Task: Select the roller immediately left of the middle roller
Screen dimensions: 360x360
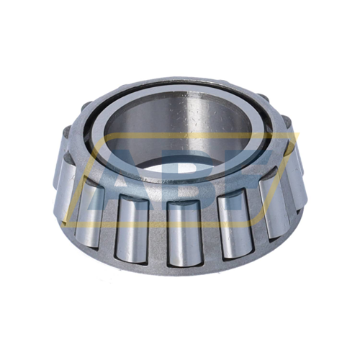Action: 132,225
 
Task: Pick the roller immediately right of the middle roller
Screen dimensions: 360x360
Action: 232,222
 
